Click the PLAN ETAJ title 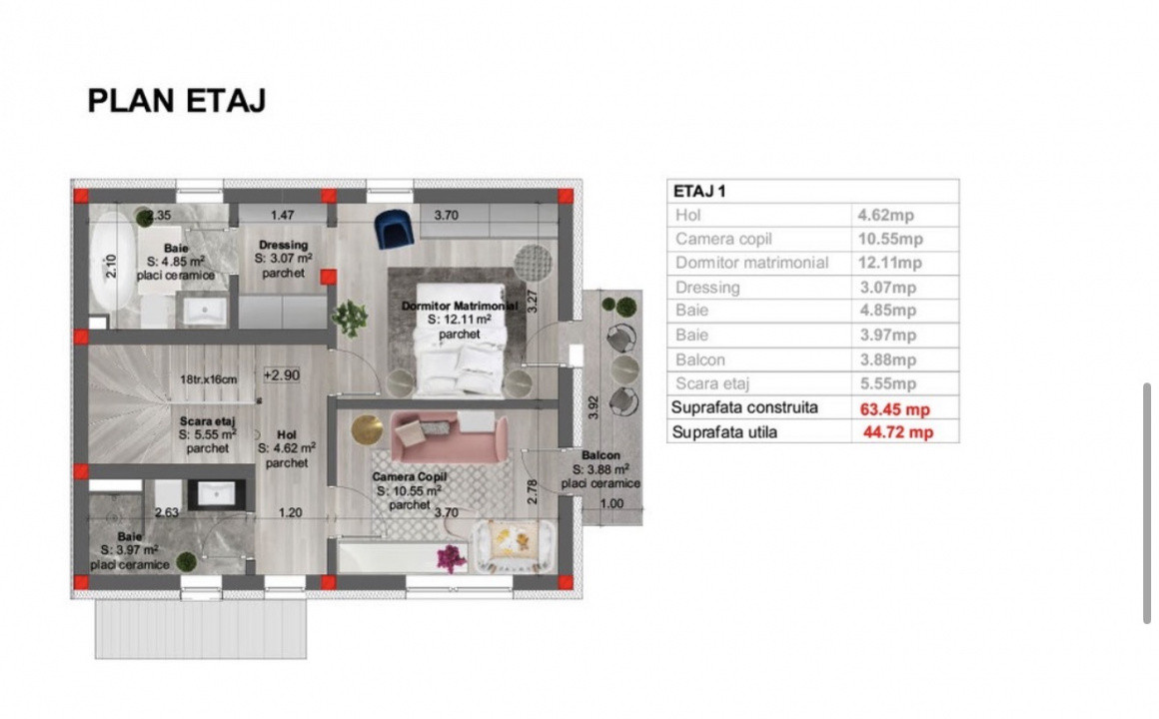click(x=177, y=101)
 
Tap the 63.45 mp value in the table click(x=894, y=408)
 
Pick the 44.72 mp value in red click(x=898, y=432)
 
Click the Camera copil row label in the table click(x=723, y=239)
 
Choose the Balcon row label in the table click(x=700, y=359)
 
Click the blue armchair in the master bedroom click(x=393, y=229)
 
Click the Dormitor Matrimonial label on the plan click(x=460, y=306)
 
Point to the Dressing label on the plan click(x=283, y=245)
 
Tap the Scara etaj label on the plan click(x=208, y=422)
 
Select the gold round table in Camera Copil click(x=367, y=428)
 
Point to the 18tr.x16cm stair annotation click(x=210, y=378)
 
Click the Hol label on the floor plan click(x=286, y=435)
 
